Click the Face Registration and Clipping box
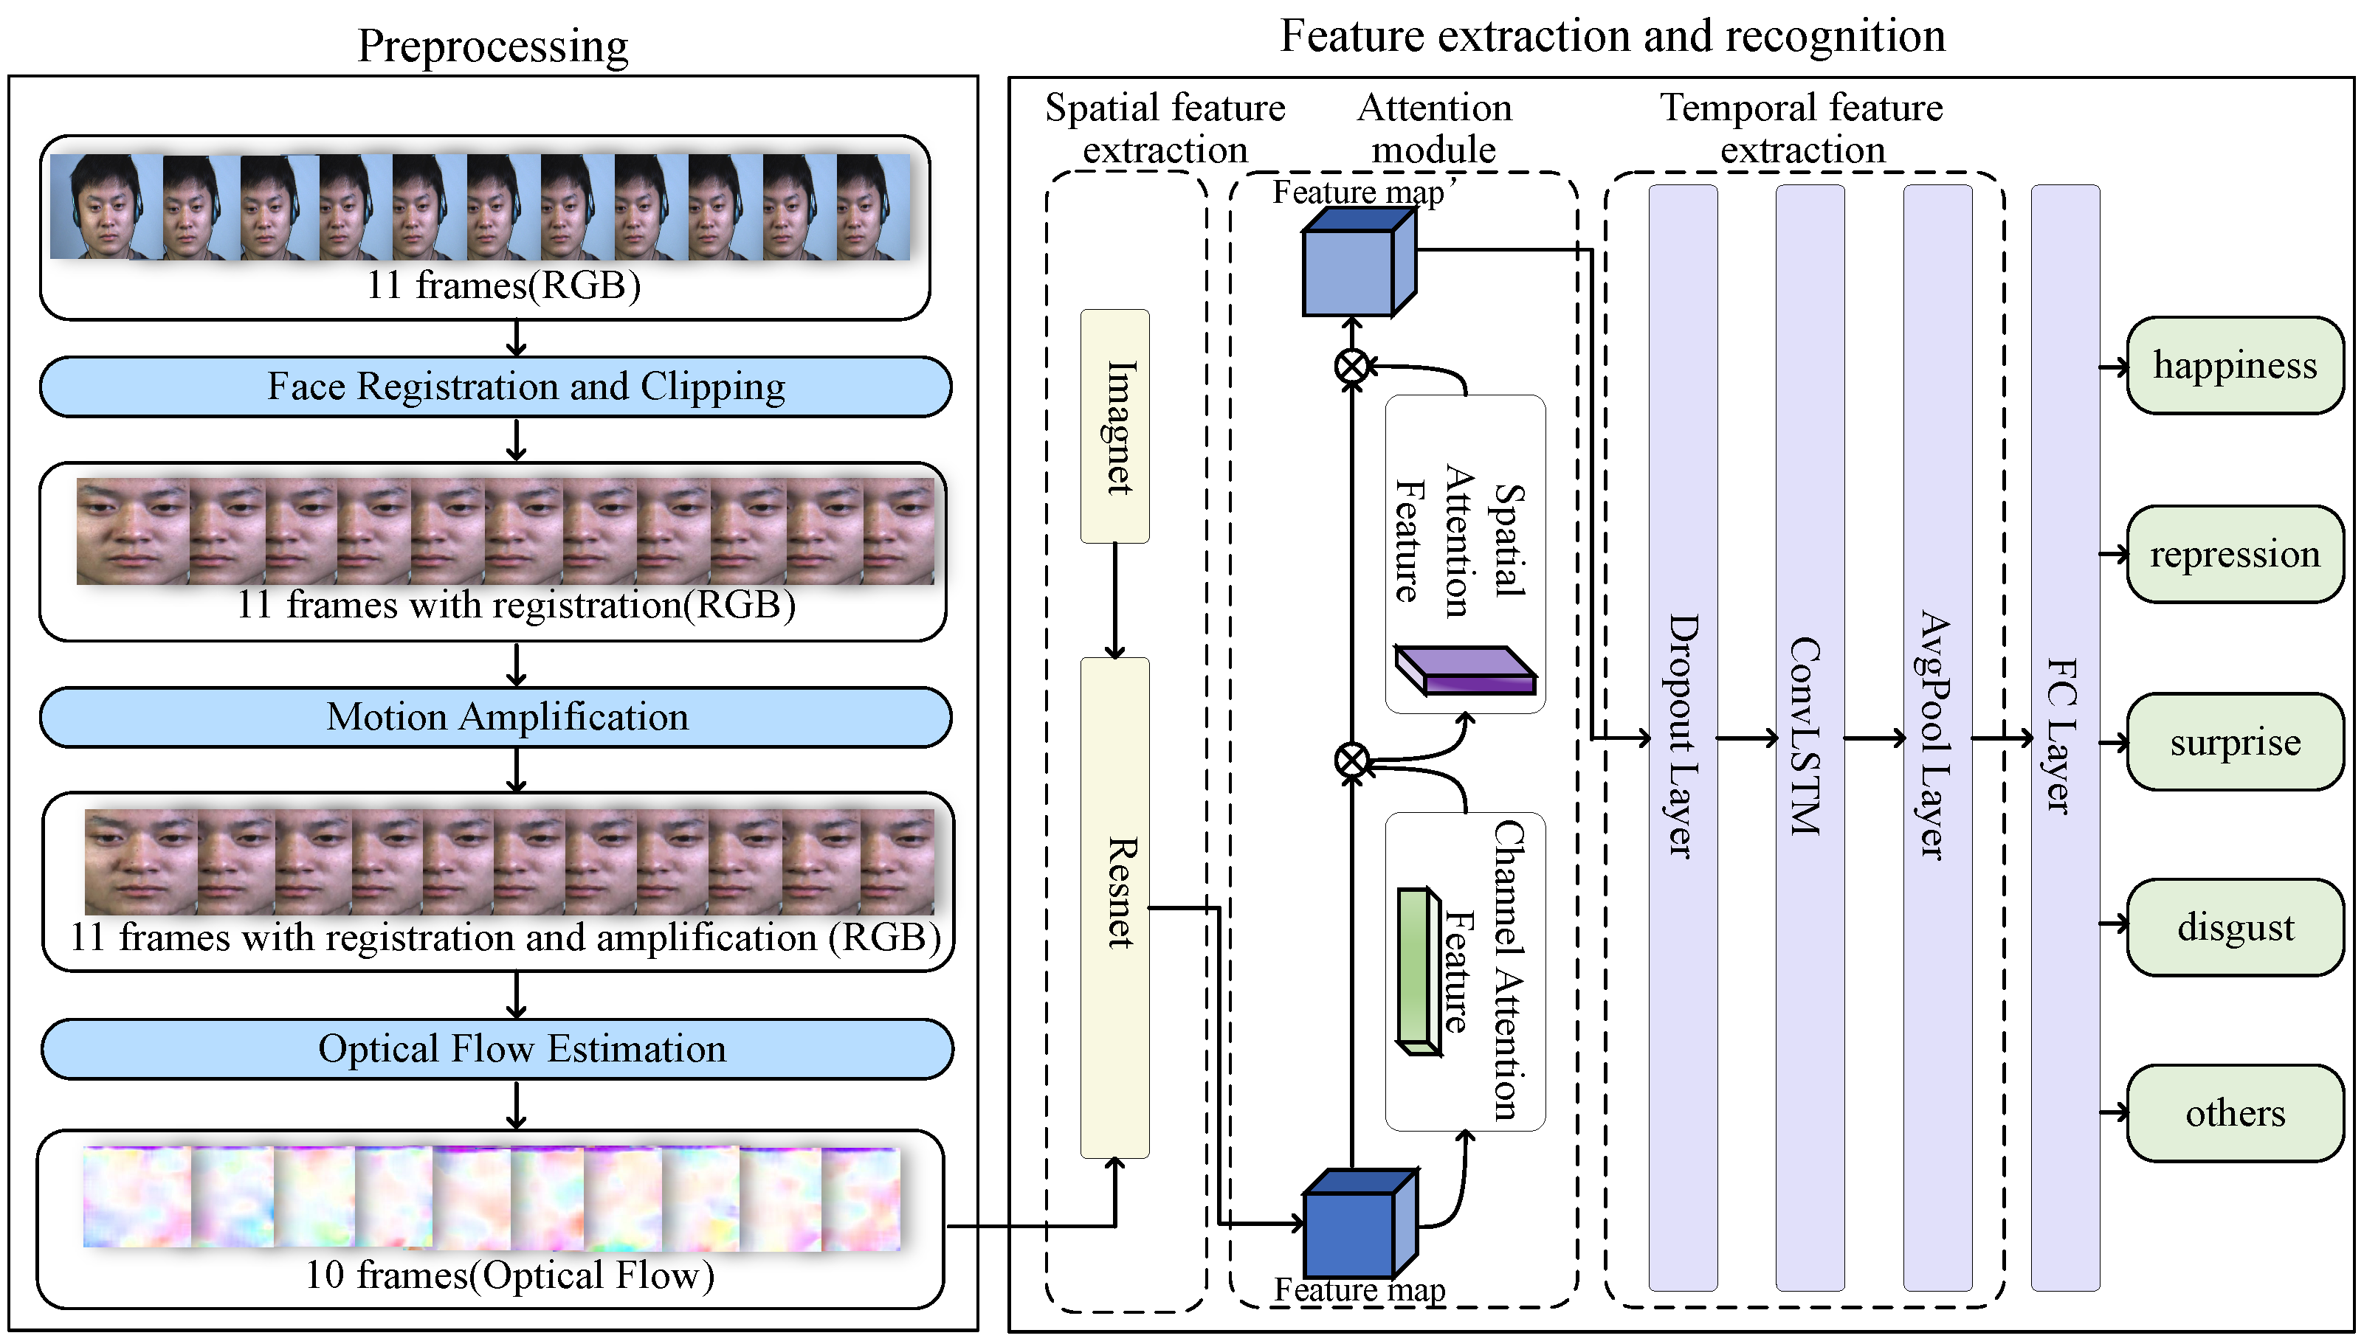pos(496,387)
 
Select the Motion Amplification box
pos(496,717)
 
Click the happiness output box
pos(2235,366)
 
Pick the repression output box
pos(2235,554)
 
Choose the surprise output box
pos(2235,742)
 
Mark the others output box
pos(2235,1113)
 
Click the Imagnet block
pos(1115,426)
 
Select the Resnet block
pos(1115,907)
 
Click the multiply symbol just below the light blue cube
pos(1352,367)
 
